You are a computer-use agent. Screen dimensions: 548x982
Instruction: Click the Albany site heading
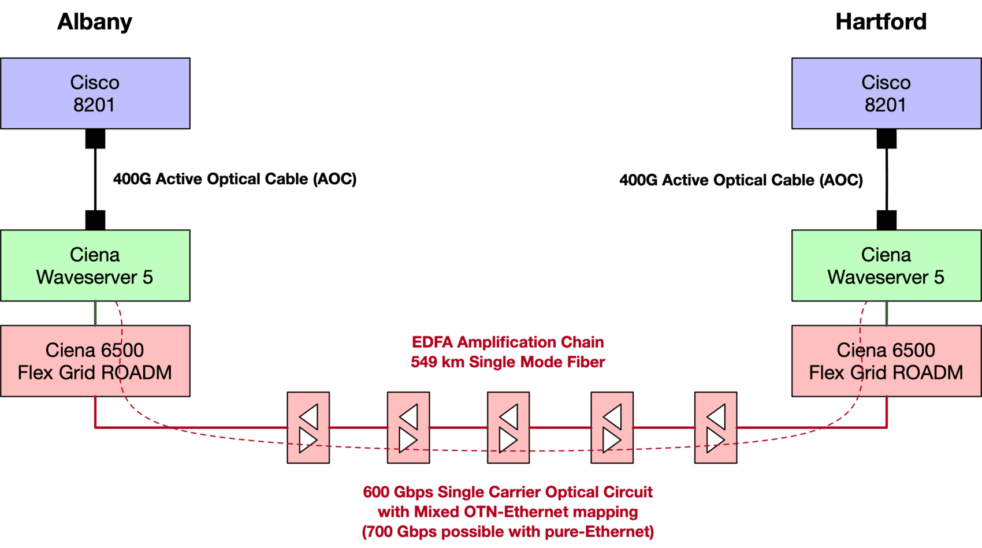pyautogui.click(x=95, y=22)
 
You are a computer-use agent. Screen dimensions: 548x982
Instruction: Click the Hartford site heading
pyautogui.click(x=881, y=22)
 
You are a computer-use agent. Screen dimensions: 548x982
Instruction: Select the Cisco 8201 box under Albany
pyautogui.click(x=95, y=93)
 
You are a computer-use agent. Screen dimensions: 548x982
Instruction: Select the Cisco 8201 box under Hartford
pyautogui.click(x=886, y=93)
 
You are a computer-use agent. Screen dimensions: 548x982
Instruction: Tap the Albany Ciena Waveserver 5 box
pyautogui.click(x=95, y=266)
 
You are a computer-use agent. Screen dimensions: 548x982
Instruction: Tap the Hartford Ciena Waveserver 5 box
pyautogui.click(x=886, y=266)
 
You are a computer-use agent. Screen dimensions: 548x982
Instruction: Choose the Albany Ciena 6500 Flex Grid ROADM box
pyautogui.click(x=95, y=361)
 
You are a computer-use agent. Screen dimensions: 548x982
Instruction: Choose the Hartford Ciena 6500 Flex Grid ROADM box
pyautogui.click(x=886, y=361)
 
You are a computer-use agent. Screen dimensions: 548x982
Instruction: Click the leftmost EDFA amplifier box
pyautogui.click(x=308, y=427)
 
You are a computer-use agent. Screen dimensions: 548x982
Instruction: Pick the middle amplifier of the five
pyautogui.click(x=508, y=427)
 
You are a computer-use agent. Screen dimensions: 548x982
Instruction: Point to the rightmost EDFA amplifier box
pyautogui.click(x=716, y=427)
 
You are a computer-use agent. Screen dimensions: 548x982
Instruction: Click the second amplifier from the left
pyautogui.click(x=408, y=427)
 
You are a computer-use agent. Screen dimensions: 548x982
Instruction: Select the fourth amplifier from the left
pyautogui.click(x=612, y=427)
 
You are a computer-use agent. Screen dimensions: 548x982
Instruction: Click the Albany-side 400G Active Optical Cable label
pyautogui.click(x=235, y=179)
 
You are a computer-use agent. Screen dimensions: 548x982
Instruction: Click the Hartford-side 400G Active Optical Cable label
pyautogui.click(x=741, y=180)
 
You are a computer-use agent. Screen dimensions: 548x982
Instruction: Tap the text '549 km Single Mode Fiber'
pyautogui.click(x=508, y=362)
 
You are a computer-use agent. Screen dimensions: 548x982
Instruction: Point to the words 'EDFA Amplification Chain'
pyautogui.click(x=508, y=342)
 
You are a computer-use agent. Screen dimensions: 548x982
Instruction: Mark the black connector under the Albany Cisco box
pyautogui.click(x=95, y=139)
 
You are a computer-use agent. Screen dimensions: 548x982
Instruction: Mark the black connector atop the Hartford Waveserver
pyautogui.click(x=887, y=220)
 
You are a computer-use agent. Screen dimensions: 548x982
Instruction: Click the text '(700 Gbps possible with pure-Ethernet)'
pyautogui.click(x=508, y=531)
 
